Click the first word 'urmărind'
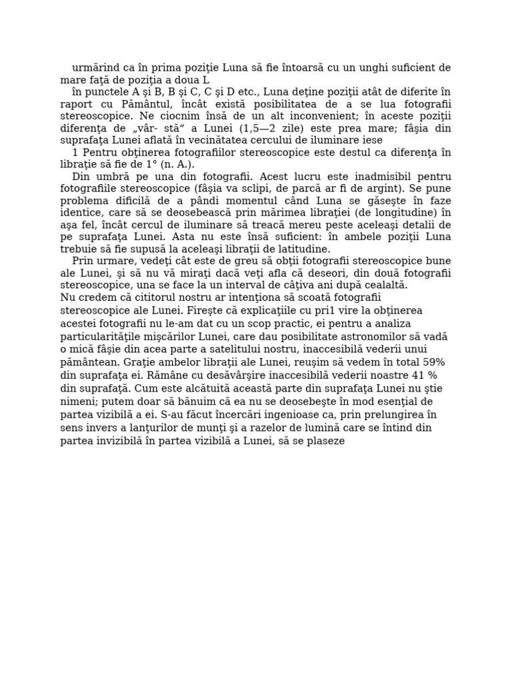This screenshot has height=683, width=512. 93,67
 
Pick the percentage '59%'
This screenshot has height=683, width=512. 434,362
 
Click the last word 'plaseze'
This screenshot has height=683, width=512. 324,440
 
